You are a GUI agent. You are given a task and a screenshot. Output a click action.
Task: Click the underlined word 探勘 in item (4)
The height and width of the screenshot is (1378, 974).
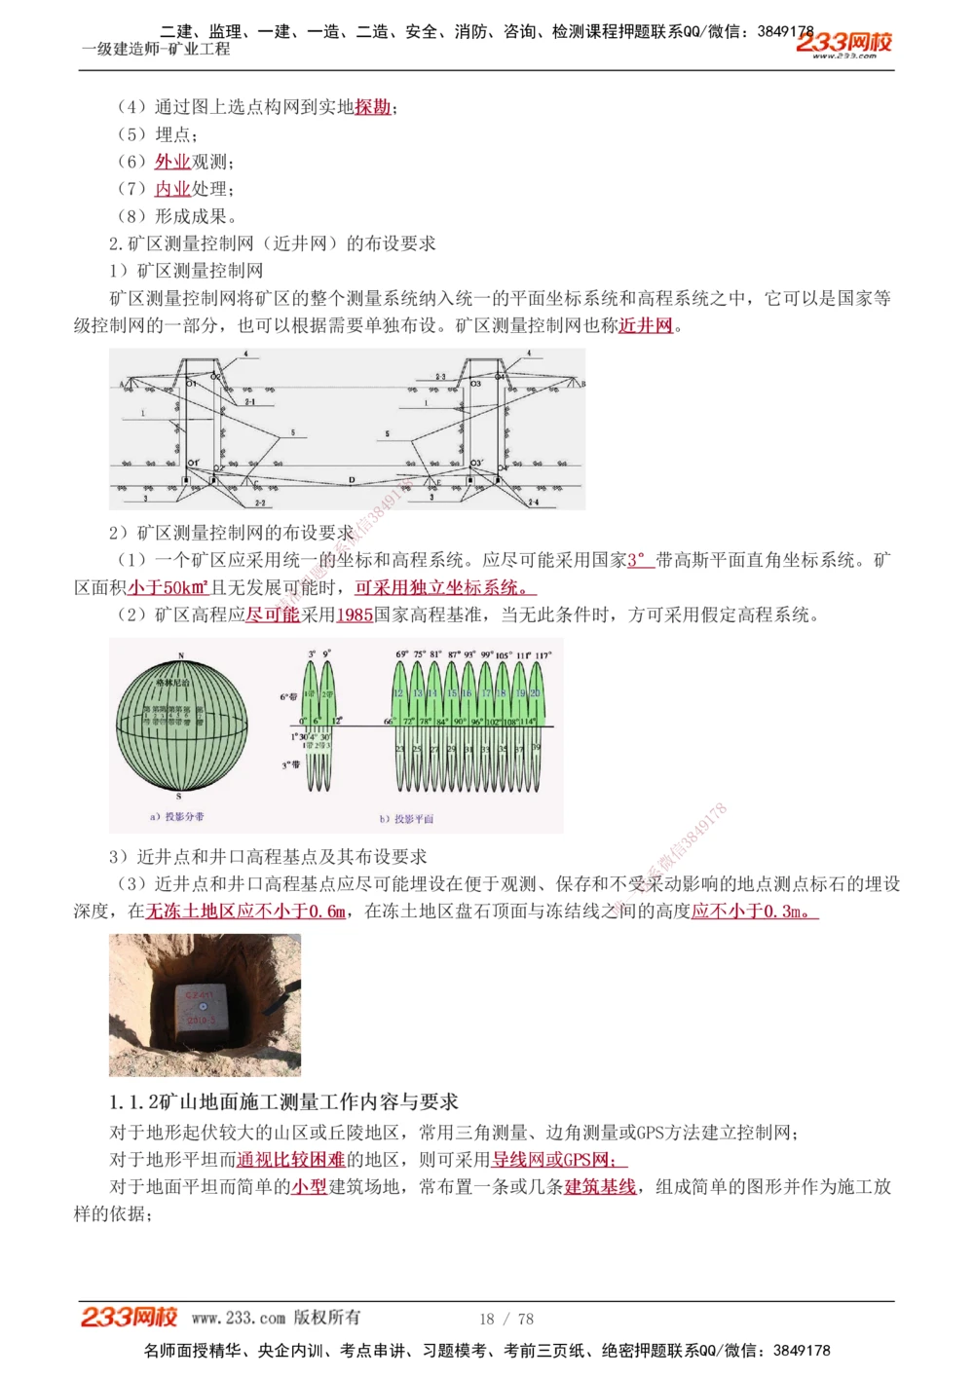coord(373,107)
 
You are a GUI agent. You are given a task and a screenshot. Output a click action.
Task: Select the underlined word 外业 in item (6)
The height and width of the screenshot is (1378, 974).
coord(172,162)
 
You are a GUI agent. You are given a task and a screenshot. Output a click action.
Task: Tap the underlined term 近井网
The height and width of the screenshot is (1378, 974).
coord(646,325)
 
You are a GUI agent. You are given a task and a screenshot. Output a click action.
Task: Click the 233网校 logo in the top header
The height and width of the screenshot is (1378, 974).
coord(843,43)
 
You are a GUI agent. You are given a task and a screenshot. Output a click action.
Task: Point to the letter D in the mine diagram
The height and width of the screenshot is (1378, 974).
coord(352,480)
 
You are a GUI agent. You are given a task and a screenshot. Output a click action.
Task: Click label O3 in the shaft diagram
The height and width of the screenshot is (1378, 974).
coord(476,384)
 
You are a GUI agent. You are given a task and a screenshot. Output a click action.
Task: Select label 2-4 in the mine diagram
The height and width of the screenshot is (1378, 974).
coord(533,503)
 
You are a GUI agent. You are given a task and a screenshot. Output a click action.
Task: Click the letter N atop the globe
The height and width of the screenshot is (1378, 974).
coord(181,655)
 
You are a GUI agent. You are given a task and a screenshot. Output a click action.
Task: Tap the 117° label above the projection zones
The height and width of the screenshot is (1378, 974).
coord(543,655)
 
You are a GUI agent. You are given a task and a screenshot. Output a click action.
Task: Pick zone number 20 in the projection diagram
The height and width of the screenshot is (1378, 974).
coord(535,692)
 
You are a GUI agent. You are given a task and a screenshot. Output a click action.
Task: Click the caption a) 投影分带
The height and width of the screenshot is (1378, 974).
coord(177,816)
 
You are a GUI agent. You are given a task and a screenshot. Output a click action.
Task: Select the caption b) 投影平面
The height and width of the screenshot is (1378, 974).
coord(407,819)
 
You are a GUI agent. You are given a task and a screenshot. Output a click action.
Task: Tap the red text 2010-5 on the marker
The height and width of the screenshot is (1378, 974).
coord(201,1020)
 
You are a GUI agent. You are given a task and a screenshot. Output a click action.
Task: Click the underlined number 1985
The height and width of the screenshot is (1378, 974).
coord(355,615)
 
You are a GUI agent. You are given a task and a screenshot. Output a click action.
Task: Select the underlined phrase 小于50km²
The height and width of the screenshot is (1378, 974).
coord(169,587)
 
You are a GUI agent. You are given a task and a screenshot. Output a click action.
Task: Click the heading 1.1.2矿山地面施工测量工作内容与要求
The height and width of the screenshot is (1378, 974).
coord(283,1101)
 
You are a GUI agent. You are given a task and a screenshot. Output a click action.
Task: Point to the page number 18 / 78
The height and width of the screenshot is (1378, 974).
coord(506,1319)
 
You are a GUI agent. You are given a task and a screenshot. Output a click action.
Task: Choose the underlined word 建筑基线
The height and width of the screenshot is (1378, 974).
coord(600,1186)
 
